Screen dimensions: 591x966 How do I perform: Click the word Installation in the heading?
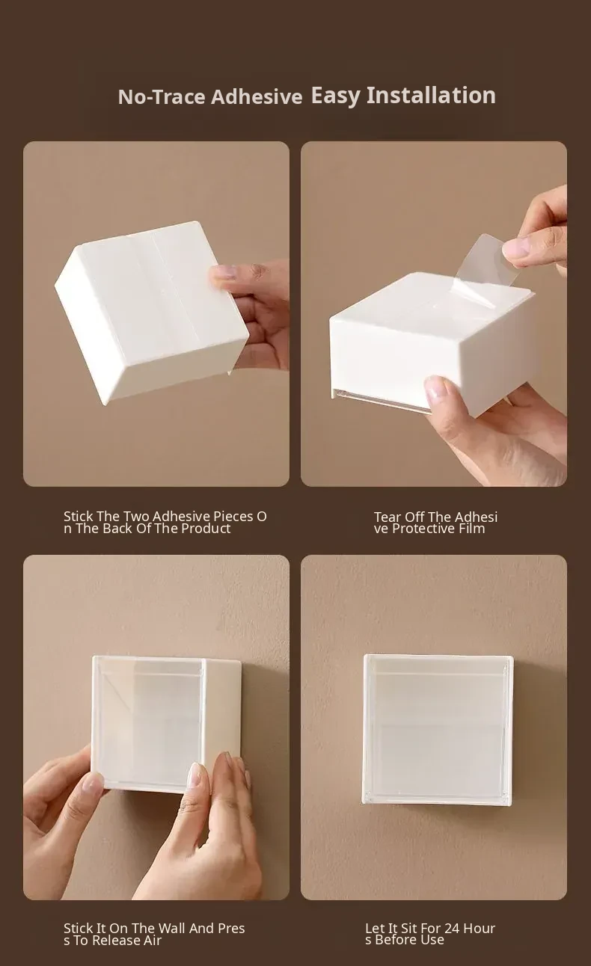(x=431, y=95)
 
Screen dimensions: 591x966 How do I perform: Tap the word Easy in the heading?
(x=336, y=96)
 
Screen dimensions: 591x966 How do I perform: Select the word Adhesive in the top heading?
(x=257, y=96)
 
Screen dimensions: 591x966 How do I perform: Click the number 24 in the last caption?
(x=452, y=928)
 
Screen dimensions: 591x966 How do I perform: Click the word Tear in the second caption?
(x=388, y=517)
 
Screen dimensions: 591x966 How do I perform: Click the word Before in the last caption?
(x=395, y=940)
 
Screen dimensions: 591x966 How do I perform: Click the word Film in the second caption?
(x=471, y=529)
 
